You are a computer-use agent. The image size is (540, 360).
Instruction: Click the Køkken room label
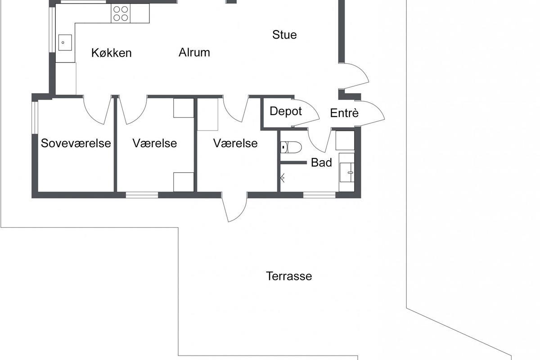coord(112,53)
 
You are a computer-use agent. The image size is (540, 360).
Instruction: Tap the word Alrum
coord(194,52)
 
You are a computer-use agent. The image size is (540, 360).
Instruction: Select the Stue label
coord(284,35)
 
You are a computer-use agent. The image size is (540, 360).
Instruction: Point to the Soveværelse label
coord(76,143)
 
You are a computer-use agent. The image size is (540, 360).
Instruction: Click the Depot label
coord(286,111)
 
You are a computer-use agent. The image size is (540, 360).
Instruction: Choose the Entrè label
coord(344,113)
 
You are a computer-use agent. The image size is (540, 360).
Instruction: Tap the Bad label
coord(321,162)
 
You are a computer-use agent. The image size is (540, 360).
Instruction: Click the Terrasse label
coord(289,276)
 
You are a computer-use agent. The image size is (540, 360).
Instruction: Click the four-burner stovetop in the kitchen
coord(121,13)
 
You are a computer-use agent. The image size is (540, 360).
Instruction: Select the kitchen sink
coord(65,43)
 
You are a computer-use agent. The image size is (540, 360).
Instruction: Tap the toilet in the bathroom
coord(291,147)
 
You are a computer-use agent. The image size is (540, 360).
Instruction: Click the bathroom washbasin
coord(347,172)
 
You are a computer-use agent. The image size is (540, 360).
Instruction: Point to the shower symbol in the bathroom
coord(283,178)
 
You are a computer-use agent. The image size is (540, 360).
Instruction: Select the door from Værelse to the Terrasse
coord(234,207)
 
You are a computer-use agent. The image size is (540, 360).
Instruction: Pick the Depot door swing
coord(306,113)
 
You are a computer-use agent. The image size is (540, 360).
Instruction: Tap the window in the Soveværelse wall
coord(35,117)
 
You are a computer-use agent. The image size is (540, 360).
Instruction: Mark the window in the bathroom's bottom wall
coord(319,195)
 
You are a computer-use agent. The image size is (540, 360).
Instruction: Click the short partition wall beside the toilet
coord(293,163)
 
